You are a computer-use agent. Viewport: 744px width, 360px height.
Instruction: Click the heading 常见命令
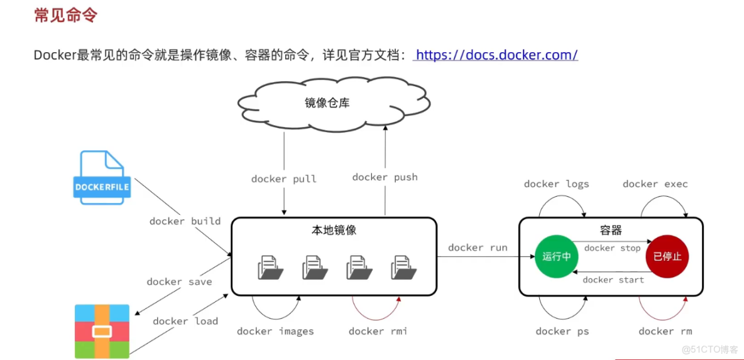coord(65,16)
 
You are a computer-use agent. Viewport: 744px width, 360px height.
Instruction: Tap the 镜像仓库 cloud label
coord(327,103)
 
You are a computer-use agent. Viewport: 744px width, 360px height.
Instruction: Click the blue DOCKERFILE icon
coord(102,178)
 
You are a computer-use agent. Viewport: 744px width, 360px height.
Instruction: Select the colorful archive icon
coord(102,331)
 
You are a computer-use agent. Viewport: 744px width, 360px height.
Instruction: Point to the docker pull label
coord(284,179)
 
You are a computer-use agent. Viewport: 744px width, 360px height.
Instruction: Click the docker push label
coord(385,177)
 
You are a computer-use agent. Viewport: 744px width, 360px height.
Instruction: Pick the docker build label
coord(185,221)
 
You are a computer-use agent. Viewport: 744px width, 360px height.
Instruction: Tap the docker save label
coord(179,281)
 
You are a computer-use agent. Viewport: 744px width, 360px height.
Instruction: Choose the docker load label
coord(185,321)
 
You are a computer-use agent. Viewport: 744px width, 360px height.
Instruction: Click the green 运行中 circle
coord(556,256)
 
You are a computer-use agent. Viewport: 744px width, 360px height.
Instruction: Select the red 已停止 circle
coord(667,256)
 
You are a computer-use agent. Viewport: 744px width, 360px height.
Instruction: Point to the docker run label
coord(478,248)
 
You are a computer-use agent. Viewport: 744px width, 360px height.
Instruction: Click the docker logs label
coord(557,184)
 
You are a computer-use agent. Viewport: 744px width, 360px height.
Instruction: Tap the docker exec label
coord(655,184)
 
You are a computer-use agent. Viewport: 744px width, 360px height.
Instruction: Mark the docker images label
coord(275,331)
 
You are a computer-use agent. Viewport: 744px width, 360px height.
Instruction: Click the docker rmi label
coord(378,331)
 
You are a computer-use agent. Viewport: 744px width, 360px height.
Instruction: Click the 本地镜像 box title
coord(334,230)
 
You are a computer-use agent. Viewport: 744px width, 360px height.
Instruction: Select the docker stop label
coord(612,248)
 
